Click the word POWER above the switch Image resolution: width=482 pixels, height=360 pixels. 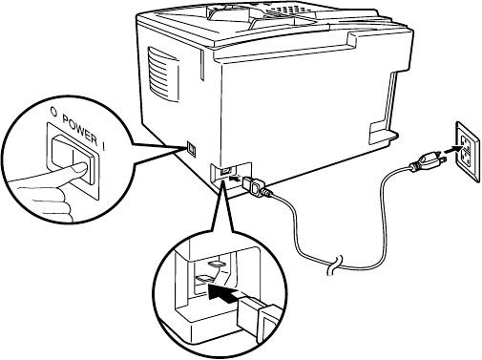click(x=79, y=130)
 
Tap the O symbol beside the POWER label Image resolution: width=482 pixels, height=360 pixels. click(x=54, y=112)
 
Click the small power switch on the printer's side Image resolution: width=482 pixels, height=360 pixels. click(x=192, y=149)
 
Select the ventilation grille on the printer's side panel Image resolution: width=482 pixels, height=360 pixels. click(x=163, y=74)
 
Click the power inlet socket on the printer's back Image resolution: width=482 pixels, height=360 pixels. click(x=225, y=171)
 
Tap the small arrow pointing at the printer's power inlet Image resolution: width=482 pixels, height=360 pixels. click(x=234, y=178)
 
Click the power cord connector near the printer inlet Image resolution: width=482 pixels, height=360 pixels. click(x=253, y=185)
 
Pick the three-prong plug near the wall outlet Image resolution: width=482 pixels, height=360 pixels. click(x=429, y=159)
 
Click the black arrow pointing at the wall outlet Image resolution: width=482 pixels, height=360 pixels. click(x=451, y=149)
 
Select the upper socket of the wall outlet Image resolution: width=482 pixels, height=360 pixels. click(x=465, y=140)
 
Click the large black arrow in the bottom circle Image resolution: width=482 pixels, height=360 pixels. click(x=223, y=293)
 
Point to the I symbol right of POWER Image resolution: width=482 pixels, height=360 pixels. click(x=104, y=145)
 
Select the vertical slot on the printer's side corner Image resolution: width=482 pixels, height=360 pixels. click(x=201, y=65)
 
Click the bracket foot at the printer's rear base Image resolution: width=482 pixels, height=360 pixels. click(x=383, y=131)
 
